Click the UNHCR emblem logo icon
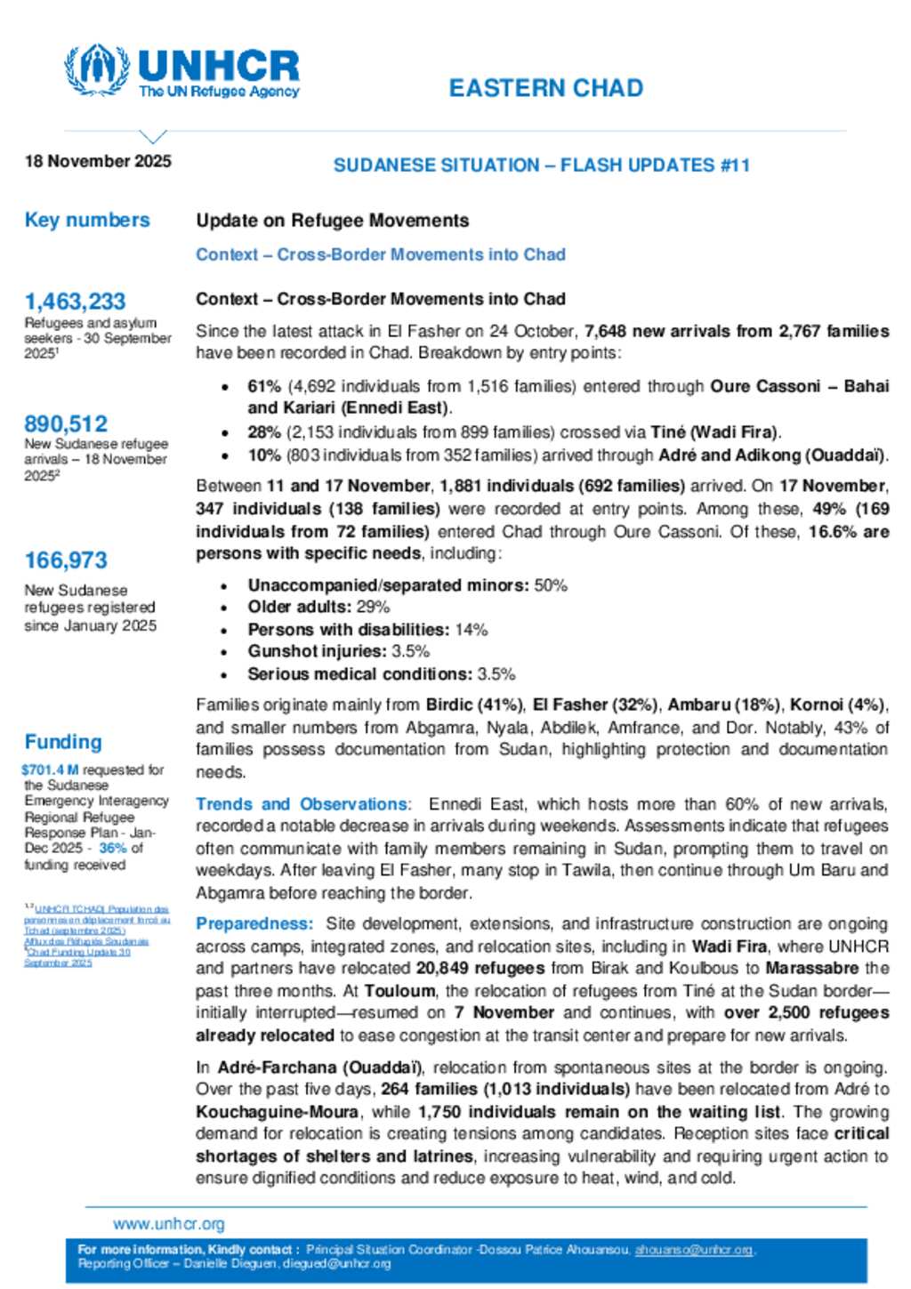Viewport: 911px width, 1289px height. coord(97,70)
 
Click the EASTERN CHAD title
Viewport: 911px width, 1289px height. coord(545,88)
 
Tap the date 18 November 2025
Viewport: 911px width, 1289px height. coord(98,161)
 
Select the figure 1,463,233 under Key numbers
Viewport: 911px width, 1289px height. coord(75,302)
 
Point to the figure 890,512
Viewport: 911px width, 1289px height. coord(66,423)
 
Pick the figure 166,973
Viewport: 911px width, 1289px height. coord(66,560)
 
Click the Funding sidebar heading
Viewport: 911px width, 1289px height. coord(63,742)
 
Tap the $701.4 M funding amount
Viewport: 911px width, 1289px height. coord(50,769)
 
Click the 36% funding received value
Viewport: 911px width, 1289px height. coord(112,848)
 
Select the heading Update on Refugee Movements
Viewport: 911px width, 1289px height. coord(332,221)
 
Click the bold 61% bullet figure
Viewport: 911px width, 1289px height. coord(264,386)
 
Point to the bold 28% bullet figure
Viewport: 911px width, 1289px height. coord(264,432)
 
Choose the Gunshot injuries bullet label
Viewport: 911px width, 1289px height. coord(317,651)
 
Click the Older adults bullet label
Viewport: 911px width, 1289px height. coord(299,607)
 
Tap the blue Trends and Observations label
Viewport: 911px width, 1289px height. coord(303,804)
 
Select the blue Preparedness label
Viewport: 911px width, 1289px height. coord(254,923)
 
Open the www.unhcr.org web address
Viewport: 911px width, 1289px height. coord(168,1224)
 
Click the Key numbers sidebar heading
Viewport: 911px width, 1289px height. coord(87,220)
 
